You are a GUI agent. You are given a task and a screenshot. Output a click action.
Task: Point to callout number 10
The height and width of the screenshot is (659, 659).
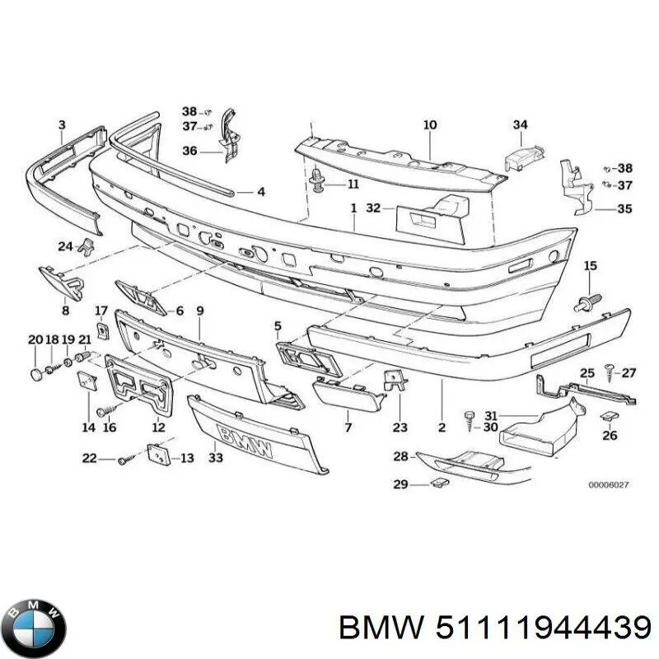[x=429, y=125]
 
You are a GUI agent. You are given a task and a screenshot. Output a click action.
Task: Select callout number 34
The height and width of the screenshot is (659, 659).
[x=520, y=125]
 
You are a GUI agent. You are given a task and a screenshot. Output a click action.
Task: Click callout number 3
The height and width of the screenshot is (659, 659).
[x=61, y=125]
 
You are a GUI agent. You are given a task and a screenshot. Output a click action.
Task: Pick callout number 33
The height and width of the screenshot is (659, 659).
[x=216, y=458]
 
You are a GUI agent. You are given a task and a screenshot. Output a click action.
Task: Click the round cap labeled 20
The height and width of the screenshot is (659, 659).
[x=36, y=375]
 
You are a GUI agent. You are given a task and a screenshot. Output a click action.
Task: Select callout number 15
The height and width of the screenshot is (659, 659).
[x=590, y=265]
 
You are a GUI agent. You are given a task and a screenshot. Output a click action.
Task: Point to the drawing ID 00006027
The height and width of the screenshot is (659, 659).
[x=609, y=486]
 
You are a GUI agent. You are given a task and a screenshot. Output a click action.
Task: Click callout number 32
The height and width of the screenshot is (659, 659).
[x=374, y=209]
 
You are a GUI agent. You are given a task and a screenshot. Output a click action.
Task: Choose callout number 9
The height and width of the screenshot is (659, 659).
[x=199, y=311]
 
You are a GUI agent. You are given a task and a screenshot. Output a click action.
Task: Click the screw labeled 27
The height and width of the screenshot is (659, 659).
[x=610, y=373]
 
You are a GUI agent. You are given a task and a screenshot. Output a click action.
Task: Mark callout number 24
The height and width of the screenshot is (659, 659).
[x=65, y=245]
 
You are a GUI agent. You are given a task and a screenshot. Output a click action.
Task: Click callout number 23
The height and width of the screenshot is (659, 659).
[x=400, y=428]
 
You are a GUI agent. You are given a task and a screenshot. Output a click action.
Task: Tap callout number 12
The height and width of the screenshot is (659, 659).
[x=158, y=428]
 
